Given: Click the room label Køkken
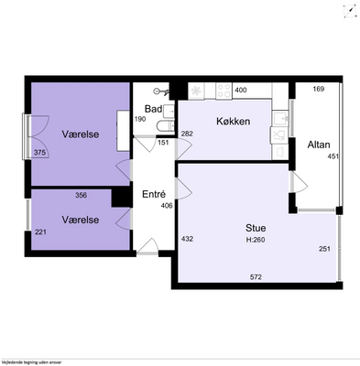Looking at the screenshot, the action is tap(234, 122).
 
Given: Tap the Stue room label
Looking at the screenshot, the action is tap(256, 228).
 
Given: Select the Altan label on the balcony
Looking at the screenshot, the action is tap(319, 145).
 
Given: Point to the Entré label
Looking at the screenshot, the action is tap(154, 194).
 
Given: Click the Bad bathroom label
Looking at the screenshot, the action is tap(153, 109).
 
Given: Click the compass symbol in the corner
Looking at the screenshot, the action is tap(350, 12).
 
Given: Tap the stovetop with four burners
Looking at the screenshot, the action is tap(224, 91).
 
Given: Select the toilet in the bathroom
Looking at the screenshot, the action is tap(165, 126).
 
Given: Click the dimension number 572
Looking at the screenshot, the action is tap(256, 277).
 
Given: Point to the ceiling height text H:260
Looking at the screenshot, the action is tap(256, 240).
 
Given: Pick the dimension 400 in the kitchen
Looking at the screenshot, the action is tap(241, 90).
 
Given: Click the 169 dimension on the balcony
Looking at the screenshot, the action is tap(319, 89).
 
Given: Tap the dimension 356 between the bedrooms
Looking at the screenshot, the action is tap(82, 195).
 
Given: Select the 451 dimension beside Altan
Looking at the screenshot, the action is tap(333, 156).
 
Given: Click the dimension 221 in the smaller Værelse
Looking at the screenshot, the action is tap(40, 232).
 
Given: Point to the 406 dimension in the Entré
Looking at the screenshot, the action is tap(167, 206).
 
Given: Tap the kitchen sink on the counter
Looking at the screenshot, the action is tap(280, 118).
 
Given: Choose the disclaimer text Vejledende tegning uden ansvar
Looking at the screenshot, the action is tap(31, 362).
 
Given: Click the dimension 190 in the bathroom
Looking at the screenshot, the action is tap(140, 119).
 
